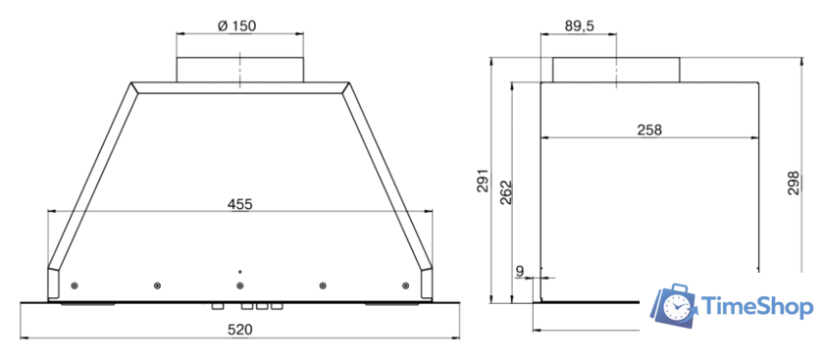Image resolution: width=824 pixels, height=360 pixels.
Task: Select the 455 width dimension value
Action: coord(240,204)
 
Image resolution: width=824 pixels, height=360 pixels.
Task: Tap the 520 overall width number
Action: coord(240,330)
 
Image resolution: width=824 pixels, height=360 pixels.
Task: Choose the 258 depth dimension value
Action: coord(648,129)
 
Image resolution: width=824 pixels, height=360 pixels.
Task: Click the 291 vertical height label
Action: coord(482,183)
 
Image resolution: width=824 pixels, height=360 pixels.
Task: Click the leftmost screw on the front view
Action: coord(75,285)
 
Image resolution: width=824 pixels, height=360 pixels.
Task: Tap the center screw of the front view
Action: coord(240,285)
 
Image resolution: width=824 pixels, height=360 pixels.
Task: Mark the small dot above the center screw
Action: coord(240,270)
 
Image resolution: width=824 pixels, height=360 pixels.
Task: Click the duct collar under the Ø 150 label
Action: coord(240,69)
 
